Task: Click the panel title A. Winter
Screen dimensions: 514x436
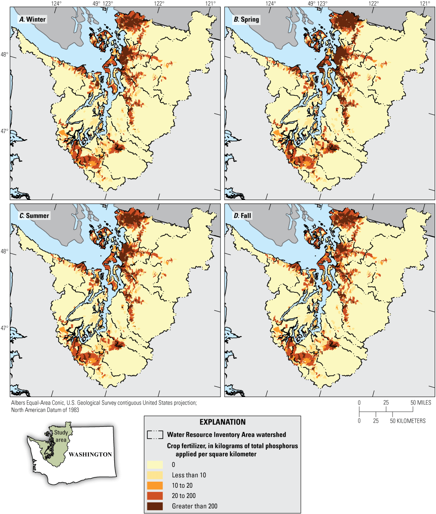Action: (31, 19)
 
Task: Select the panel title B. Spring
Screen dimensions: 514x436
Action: (246, 19)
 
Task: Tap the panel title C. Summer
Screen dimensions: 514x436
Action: (34, 215)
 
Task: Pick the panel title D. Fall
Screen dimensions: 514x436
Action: (243, 215)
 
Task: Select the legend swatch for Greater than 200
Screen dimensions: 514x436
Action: (155, 506)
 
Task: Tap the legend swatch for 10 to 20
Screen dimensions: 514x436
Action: (155, 485)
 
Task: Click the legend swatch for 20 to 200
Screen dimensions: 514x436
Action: (155, 495)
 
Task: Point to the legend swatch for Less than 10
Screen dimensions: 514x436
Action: (155, 475)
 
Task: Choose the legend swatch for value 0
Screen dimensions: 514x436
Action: (155, 464)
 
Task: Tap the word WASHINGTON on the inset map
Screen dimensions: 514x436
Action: (90, 454)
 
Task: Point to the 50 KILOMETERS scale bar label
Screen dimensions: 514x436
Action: (409, 420)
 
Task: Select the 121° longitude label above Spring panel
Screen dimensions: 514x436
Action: (425, 3)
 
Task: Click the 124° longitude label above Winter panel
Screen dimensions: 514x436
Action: (56, 3)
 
